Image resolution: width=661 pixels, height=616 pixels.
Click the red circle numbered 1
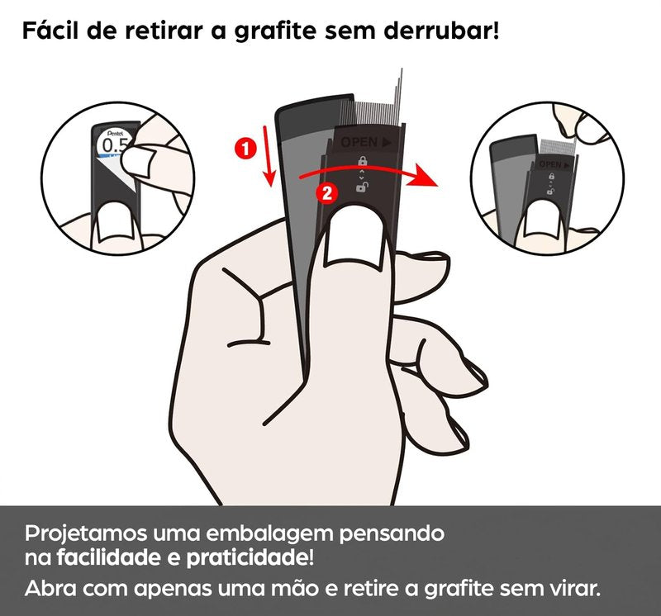point(245,149)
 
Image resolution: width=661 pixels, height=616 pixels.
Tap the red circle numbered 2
point(326,193)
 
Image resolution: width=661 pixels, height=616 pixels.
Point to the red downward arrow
point(268,155)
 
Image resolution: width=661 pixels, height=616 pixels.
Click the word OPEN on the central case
point(359,142)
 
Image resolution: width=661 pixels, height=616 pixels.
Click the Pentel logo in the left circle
point(115,133)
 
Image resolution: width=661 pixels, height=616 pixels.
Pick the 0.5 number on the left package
point(115,145)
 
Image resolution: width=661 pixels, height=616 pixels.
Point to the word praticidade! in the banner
point(250,558)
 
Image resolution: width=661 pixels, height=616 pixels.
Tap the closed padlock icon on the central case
point(362,161)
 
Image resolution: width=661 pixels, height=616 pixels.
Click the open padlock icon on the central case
point(362,187)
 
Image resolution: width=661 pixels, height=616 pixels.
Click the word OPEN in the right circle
point(550,164)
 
